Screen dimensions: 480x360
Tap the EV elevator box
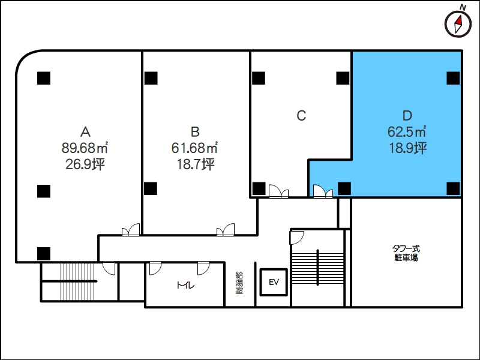pyautogui.click(x=274, y=282)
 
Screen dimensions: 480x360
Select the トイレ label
pyautogui.click(x=185, y=286)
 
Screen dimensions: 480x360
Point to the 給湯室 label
pyautogui.click(x=239, y=283)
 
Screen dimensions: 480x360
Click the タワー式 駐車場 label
pyautogui.click(x=406, y=253)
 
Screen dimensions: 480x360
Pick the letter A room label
pyautogui.click(x=85, y=131)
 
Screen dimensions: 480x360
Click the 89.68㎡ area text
pyautogui.click(x=85, y=148)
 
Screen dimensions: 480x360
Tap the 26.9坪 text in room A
pyautogui.click(x=85, y=164)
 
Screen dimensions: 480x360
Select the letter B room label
pyautogui.click(x=195, y=131)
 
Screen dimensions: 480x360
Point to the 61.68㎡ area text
pyautogui.click(x=194, y=148)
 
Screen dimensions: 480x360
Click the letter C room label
pyautogui.click(x=301, y=115)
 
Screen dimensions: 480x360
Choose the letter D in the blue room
pyautogui.click(x=407, y=115)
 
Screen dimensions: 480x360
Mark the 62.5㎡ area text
pyautogui.click(x=407, y=131)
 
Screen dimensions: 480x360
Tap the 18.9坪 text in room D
pyautogui.click(x=407, y=148)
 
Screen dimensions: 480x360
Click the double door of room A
pyautogui.click(x=131, y=230)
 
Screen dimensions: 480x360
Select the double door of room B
pyautogui.click(x=226, y=230)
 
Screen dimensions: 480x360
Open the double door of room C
pyautogui.click(x=278, y=191)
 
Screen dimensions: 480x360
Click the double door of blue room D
pyautogui.click(x=323, y=191)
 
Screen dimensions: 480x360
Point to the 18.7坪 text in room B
pyautogui.click(x=196, y=164)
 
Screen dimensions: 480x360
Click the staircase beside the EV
pyautogui.click(x=318, y=268)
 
